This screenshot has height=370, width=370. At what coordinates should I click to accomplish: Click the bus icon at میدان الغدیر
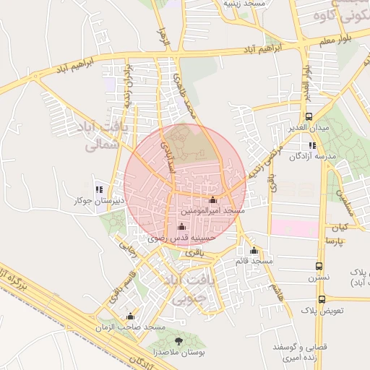[309, 116]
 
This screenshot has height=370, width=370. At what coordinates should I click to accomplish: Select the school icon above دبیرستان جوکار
[100, 189]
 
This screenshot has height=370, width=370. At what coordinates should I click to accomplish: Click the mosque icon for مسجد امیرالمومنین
[212, 200]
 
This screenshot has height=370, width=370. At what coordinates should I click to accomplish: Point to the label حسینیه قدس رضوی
[181, 237]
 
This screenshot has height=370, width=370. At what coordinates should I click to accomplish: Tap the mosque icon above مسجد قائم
[254, 250]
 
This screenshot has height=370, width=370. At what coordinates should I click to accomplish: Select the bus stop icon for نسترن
[319, 267]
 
